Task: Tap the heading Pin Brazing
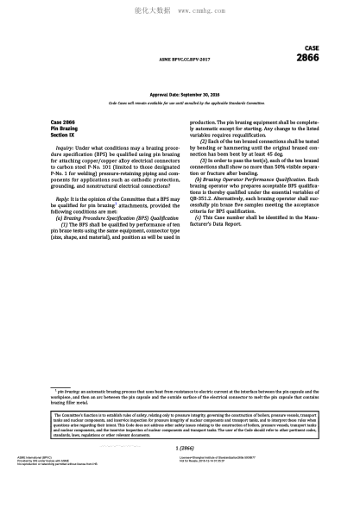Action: tap(66, 129)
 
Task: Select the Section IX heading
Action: tap(63, 135)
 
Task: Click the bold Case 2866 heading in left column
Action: tap(63, 123)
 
